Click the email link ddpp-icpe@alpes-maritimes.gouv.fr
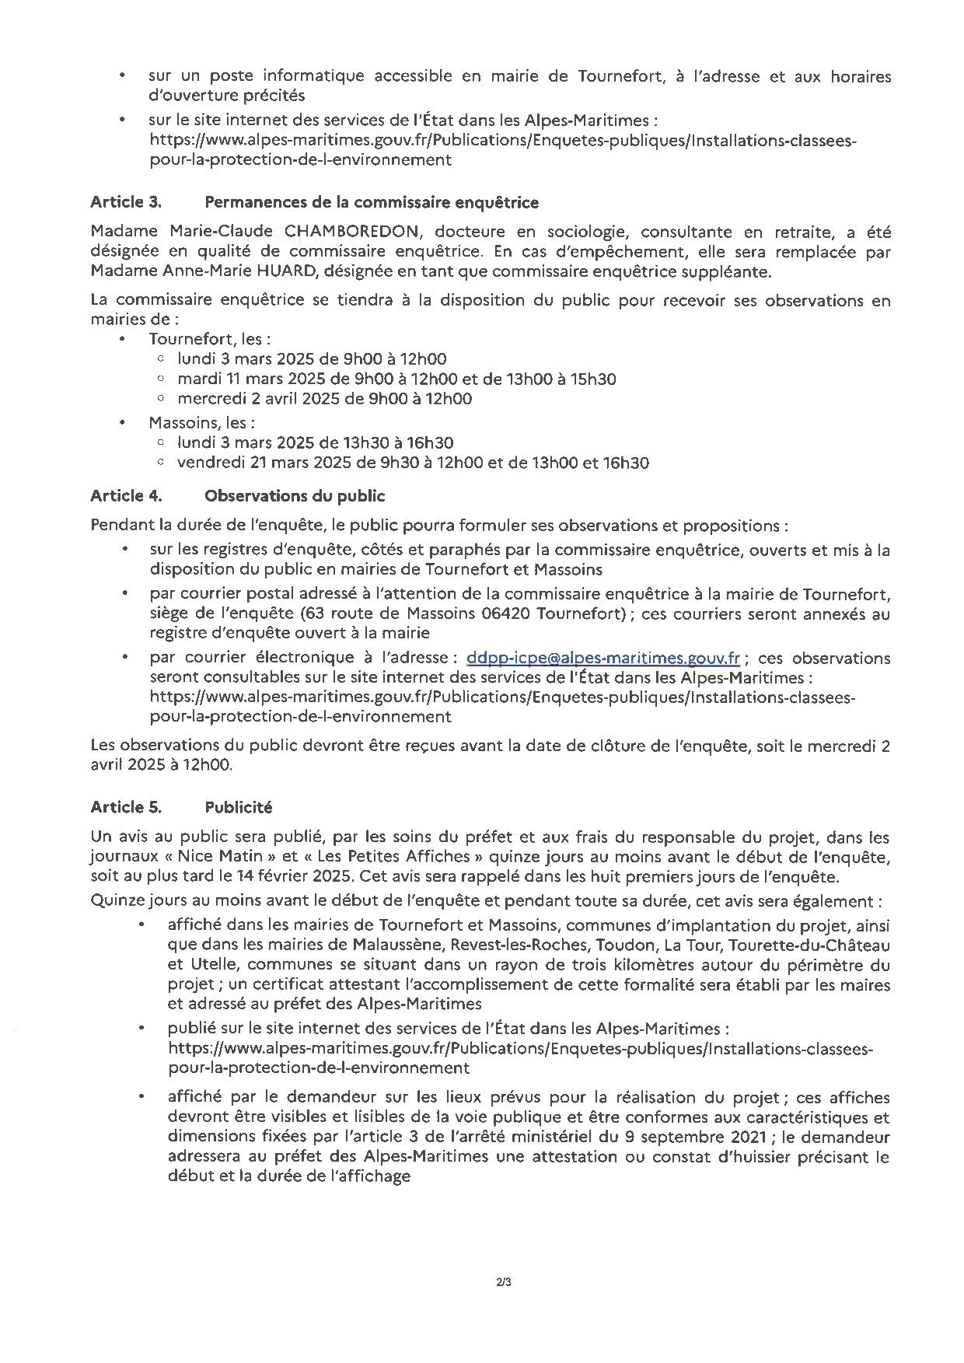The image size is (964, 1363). (602, 658)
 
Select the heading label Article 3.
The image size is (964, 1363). (126, 202)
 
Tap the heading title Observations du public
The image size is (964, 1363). (295, 495)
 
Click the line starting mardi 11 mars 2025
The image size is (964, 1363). (396, 379)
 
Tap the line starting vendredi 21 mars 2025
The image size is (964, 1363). (413, 463)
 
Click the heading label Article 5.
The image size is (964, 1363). (126, 806)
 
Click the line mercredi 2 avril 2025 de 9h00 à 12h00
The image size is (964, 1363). (324, 399)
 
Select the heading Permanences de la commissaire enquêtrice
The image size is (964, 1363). (372, 202)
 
